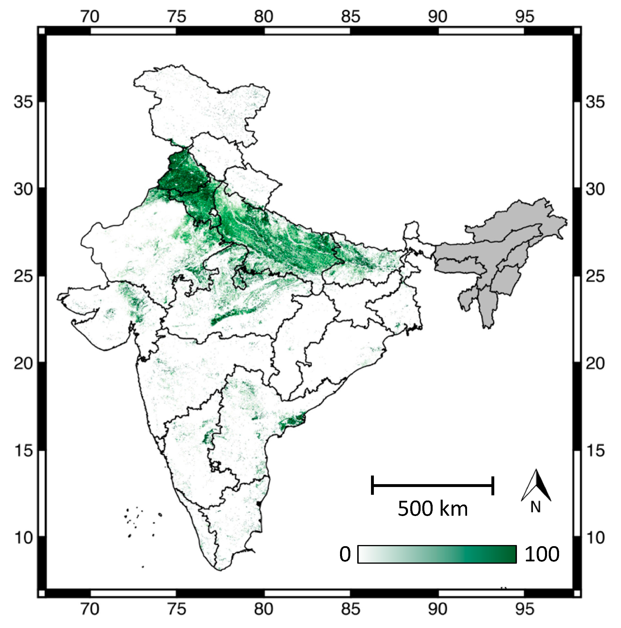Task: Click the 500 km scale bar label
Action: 432,509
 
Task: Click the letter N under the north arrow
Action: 535,507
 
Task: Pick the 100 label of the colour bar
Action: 542,554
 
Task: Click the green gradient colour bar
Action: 437,554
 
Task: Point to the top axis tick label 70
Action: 90,16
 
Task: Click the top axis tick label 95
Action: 524,16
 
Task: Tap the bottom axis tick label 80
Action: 263,609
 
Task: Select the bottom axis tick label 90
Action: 437,609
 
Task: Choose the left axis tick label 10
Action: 24,538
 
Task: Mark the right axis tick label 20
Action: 595,363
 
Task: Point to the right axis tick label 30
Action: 595,189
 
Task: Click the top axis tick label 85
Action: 351,16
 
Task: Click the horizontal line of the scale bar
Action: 432,486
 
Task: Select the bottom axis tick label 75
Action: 177,609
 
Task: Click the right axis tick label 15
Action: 595,451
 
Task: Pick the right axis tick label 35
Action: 595,102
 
